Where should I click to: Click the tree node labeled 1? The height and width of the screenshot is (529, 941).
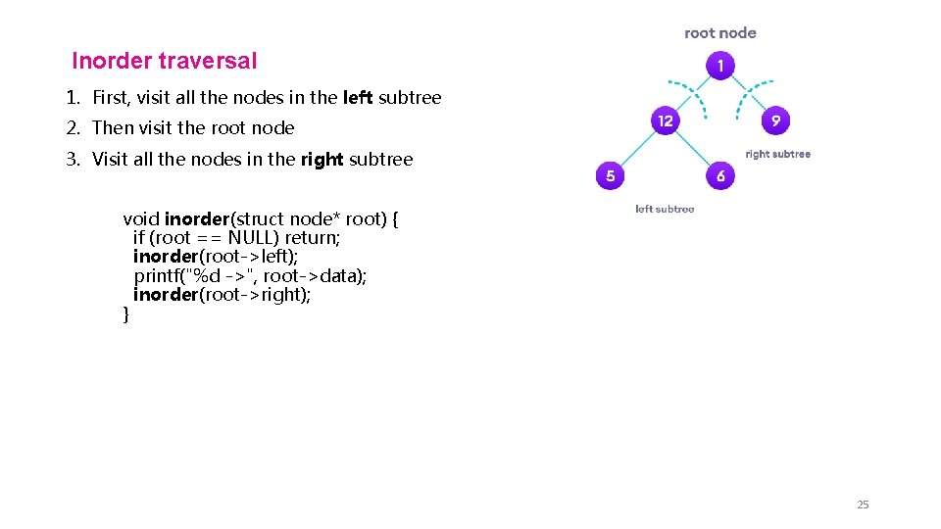tap(720, 66)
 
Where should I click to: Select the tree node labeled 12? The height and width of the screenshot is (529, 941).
tap(666, 121)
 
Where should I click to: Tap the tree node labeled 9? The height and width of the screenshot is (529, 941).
tap(775, 121)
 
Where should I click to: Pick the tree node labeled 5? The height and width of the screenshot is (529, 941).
tap(610, 176)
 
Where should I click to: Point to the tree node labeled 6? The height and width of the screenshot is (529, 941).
tap(720, 176)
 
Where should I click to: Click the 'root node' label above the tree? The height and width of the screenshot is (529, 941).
tap(720, 33)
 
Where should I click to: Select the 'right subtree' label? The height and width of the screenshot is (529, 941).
tap(777, 154)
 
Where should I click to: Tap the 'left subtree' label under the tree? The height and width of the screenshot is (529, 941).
tap(665, 209)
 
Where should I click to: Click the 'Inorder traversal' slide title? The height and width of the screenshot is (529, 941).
tap(165, 61)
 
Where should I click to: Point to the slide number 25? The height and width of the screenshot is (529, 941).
tap(863, 505)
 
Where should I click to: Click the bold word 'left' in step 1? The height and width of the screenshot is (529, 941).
tap(358, 97)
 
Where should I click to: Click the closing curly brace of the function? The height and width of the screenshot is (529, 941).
tap(125, 314)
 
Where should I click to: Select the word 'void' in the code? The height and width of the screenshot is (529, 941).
tap(141, 218)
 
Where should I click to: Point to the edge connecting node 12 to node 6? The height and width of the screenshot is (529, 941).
tap(693, 149)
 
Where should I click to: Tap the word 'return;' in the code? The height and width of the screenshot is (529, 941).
tap(313, 238)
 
